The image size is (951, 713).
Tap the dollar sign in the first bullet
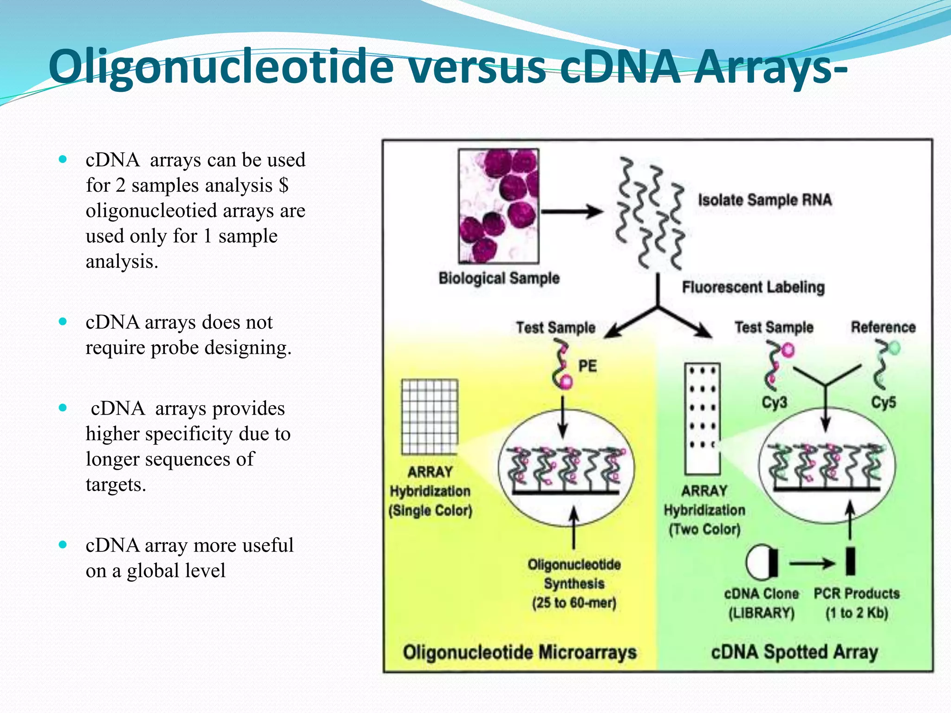pos(284,185)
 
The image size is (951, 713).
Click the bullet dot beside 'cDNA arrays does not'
pos(63,322)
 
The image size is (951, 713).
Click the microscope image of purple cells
pos(499,206)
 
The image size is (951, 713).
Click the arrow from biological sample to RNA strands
pos(572,212)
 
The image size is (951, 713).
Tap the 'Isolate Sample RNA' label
pos(765,200)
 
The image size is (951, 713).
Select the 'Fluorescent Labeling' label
pos(753,287)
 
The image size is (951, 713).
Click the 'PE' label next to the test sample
pos(587,366)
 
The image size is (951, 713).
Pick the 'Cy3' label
pos(774,402)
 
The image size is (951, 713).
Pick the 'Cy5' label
pos(883,402)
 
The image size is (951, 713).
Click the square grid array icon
pos(430,417)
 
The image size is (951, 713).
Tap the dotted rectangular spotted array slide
pos(702,418)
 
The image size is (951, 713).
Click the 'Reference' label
pos(883,327)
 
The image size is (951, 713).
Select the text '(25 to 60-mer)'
pos(574,603)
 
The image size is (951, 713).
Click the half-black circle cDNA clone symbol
pos(762,563)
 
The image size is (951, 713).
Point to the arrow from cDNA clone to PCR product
pos(812,564)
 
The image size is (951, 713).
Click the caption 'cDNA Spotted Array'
pos(795,652)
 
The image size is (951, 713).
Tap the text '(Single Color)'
pos(430,511)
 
